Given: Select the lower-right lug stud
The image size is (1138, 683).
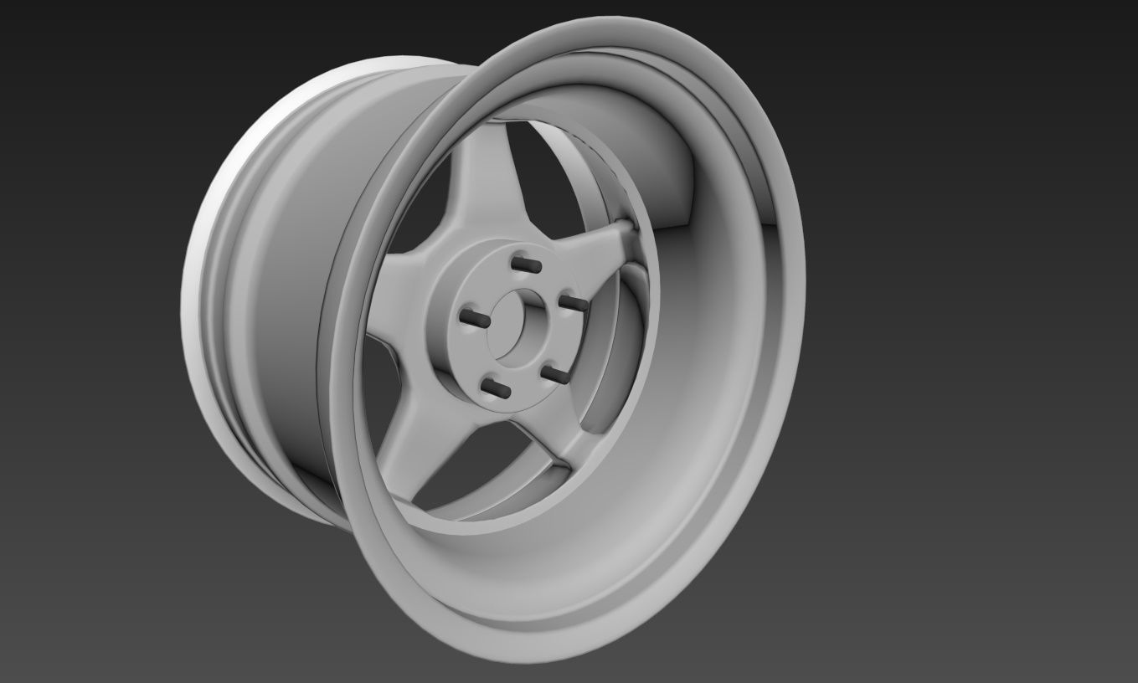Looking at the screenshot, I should coord(549,372).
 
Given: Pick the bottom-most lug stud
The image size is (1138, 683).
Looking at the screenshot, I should coord(497,388).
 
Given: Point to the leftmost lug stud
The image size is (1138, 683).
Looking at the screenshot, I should coord(475,317).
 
